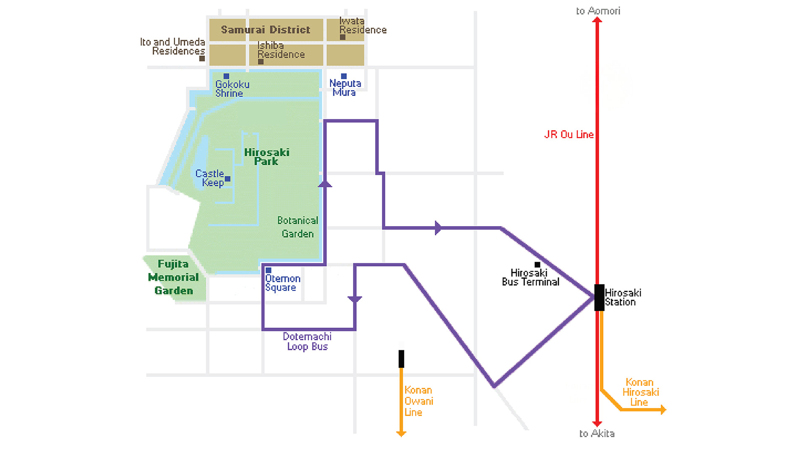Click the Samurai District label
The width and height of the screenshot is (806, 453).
click(265, 30)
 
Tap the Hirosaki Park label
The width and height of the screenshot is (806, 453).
click(267, 157)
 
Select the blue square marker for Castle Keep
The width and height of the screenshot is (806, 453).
click(228, 179)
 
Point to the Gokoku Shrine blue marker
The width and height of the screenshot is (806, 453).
click(226, 76)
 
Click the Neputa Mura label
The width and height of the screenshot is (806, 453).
click(345, 88)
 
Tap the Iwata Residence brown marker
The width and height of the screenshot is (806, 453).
click(343, 37)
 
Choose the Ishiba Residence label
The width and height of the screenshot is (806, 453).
click(280, 50)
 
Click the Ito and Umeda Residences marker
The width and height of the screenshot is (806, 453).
click(202, 59)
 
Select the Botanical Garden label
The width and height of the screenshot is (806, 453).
click(298, 227)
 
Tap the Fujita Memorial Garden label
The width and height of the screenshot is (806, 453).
click(173, 277)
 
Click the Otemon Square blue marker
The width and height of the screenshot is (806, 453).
click(269, 271)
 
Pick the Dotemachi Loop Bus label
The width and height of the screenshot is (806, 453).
click(307, 341)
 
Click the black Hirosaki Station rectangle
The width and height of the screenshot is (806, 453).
click(599, 297)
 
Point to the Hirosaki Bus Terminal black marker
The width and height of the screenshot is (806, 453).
click(537, 265)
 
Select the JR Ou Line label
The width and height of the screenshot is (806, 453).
click(569, 135)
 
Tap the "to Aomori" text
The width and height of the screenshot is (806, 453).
click(598, 11)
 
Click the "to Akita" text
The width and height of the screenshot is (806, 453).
click(597, 434)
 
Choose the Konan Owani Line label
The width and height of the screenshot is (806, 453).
click(419, 401)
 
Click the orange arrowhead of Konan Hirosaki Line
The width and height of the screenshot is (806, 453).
click(663, 409)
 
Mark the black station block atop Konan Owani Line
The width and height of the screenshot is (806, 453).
click(401, 359)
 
